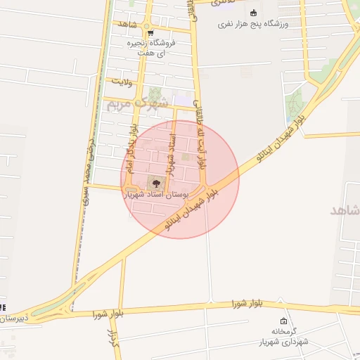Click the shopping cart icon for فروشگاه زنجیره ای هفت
tap(150, 32)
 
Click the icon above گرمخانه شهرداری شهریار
tap(283, 321)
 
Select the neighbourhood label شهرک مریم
tap(137, 103)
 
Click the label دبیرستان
tap(14, 319)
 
